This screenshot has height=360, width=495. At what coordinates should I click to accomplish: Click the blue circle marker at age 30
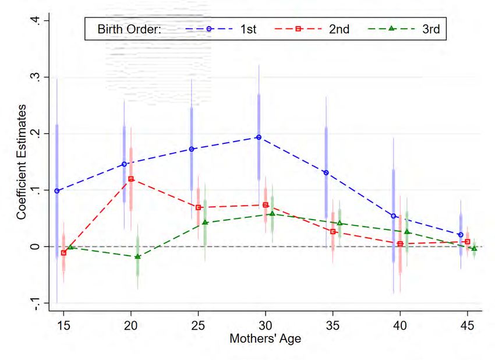tap(259, 137)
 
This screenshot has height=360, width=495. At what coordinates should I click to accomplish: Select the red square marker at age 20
tap(131, 179)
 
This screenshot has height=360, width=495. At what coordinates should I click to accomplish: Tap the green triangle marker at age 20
tap(138, 257)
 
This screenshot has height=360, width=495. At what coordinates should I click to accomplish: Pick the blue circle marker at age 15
tap(56, 191)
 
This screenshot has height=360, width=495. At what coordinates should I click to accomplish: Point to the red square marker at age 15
tap(63, 253)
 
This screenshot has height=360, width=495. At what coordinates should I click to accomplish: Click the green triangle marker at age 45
tap(474, 249)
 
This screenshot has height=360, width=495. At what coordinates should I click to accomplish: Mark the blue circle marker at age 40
tap(394, 216)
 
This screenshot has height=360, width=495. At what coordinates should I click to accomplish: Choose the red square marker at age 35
tap(333, 232)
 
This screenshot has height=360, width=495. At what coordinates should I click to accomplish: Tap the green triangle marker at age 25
tap(205, 223)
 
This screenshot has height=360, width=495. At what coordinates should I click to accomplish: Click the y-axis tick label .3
tap(36, 77)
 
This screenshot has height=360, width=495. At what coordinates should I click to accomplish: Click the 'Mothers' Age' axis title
tap(266, 338)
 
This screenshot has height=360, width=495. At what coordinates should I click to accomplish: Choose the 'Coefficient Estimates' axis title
tap(21, 162)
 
